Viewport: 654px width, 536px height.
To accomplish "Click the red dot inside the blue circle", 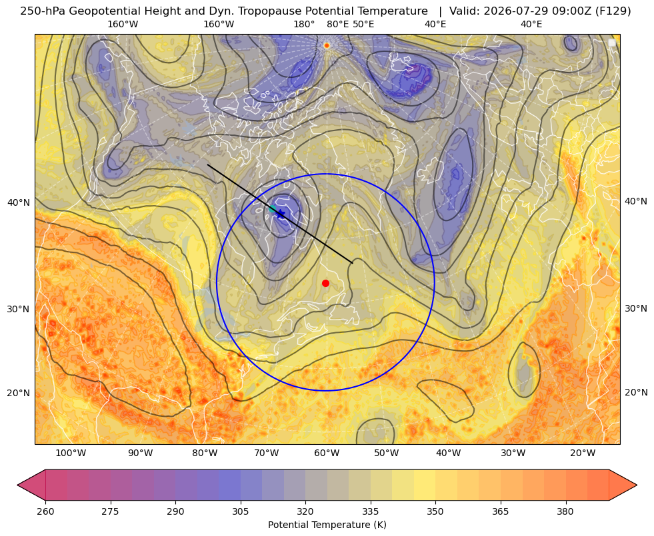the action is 326,283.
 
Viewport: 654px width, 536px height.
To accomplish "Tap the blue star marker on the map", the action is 281,214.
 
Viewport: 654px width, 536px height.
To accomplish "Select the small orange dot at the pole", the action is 327,45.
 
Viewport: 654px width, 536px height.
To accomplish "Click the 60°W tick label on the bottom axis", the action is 327,453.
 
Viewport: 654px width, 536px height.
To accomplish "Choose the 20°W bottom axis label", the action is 583,453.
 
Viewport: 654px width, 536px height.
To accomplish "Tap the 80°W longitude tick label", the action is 205,453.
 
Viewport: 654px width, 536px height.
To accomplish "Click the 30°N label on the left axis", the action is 19,309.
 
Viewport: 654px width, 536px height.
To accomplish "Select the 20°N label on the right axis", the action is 636,392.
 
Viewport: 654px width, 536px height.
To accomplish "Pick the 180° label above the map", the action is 304,24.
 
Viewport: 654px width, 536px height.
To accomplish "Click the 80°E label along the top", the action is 337,24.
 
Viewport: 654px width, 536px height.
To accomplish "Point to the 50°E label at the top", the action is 363,24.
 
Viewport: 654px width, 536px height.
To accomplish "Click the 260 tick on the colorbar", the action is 45,511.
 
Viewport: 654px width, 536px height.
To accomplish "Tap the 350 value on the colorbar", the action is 435,511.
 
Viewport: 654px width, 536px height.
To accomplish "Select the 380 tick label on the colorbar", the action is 565,511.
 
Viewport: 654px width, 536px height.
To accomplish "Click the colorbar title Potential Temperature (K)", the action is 327,525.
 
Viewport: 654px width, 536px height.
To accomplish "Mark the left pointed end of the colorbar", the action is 17,485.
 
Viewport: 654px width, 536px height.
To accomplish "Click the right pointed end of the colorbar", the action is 637,485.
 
